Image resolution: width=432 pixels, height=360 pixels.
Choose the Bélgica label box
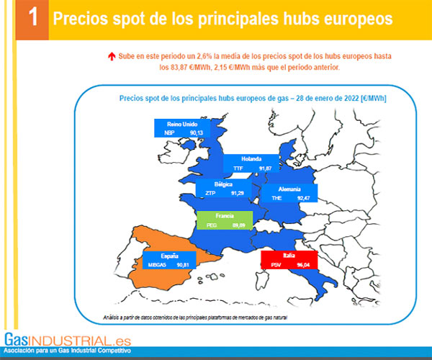[x=223, y=189]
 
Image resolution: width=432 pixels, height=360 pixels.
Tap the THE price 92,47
[x=305, y=197]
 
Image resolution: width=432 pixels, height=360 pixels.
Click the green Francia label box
[x=224, y=220]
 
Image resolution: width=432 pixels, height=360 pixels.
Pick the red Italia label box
[x=290, y=260]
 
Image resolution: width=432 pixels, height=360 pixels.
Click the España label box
[x=170, y=260]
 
